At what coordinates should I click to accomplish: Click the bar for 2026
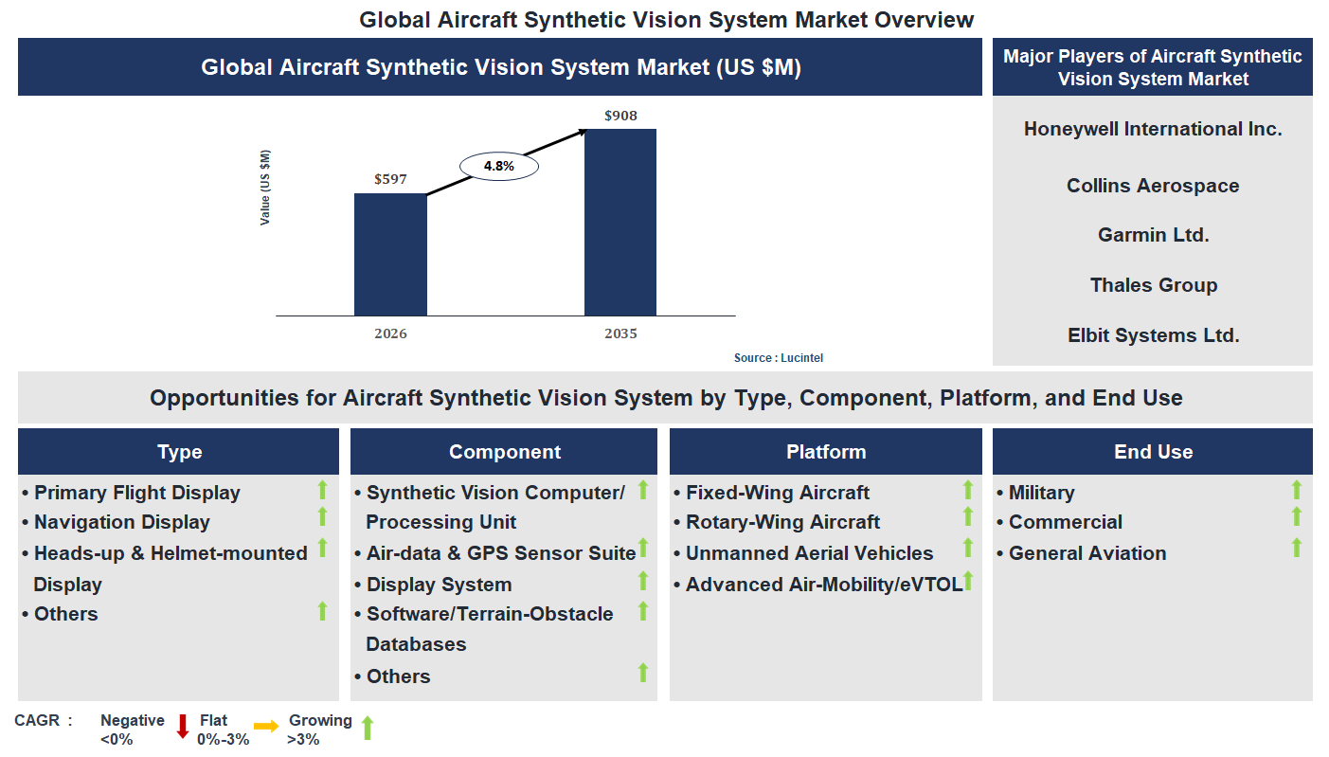390,254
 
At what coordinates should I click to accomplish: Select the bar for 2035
620,222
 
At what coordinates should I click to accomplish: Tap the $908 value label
620,117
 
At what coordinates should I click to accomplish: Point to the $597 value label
390,179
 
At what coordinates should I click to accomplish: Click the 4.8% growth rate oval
498,166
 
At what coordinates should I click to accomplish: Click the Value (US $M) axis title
265,188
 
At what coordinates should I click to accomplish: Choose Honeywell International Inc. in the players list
1153,129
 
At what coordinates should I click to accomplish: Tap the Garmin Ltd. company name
1153,235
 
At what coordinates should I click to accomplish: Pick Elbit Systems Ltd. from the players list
1153,334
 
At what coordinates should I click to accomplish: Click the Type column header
179,452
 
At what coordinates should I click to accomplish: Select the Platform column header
826,452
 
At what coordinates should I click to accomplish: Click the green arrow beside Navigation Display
322,517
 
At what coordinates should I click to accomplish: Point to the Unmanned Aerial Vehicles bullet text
810,553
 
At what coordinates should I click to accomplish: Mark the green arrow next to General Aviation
1296,548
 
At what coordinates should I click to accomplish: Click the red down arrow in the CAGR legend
183,727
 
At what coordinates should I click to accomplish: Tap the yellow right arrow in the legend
266,727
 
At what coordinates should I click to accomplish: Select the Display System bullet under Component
439,585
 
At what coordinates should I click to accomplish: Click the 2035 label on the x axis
620,333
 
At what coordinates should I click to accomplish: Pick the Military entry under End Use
1041,493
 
